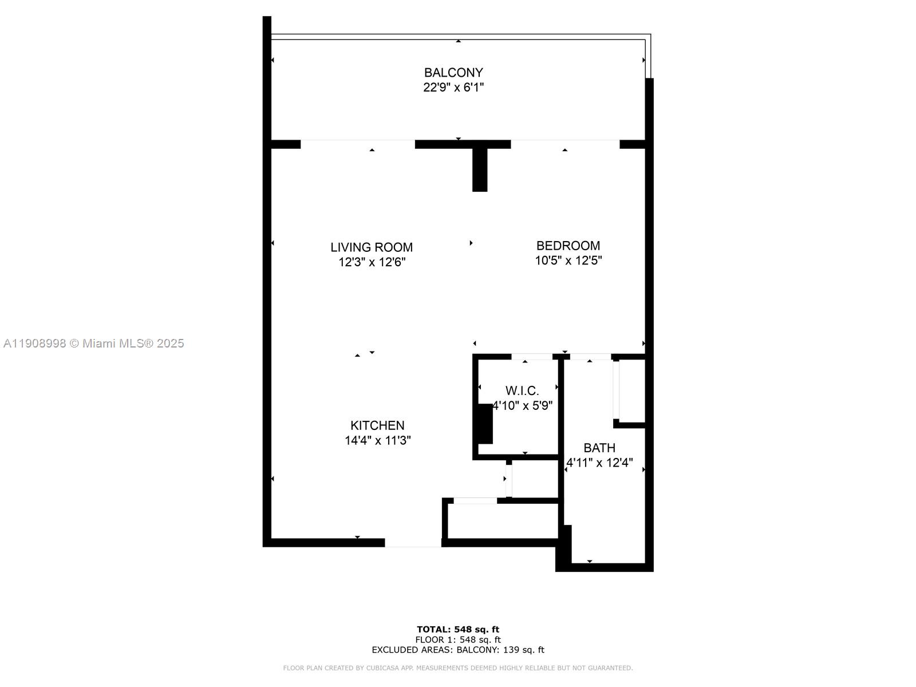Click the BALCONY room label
point(453,73)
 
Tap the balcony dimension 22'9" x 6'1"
point(453,87)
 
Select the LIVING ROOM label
point(372,247)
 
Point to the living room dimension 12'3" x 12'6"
point(372,262)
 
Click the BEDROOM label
point(568,246)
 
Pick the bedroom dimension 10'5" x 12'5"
point(568,260)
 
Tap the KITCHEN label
point(377,425)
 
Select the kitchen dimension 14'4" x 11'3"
point(378,440)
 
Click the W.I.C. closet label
point(522,391)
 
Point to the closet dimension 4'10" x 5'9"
point(523,405)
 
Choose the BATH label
point(599,448)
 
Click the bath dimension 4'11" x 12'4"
point(599,463)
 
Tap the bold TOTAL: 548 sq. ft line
point(458,629)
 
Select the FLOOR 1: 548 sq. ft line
point(458,640)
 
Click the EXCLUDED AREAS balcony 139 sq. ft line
point(458,650)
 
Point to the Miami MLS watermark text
point(93,343)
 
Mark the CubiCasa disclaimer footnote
point(458,668)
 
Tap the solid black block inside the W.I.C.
point(485,424)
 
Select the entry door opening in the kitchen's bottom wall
point(413,543)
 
